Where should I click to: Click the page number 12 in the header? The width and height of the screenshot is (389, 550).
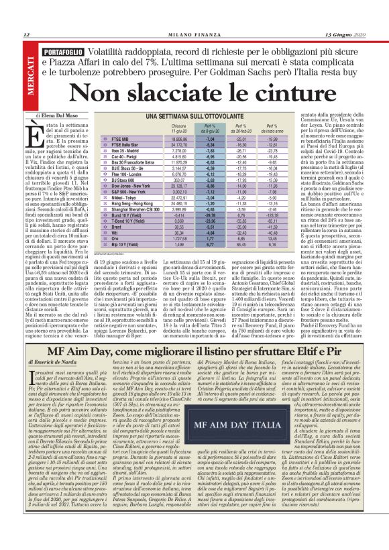coord(26,34)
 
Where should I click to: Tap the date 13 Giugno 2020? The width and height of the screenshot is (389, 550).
coord(346,34)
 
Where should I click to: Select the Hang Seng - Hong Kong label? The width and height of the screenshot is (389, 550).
coord(138,204)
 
